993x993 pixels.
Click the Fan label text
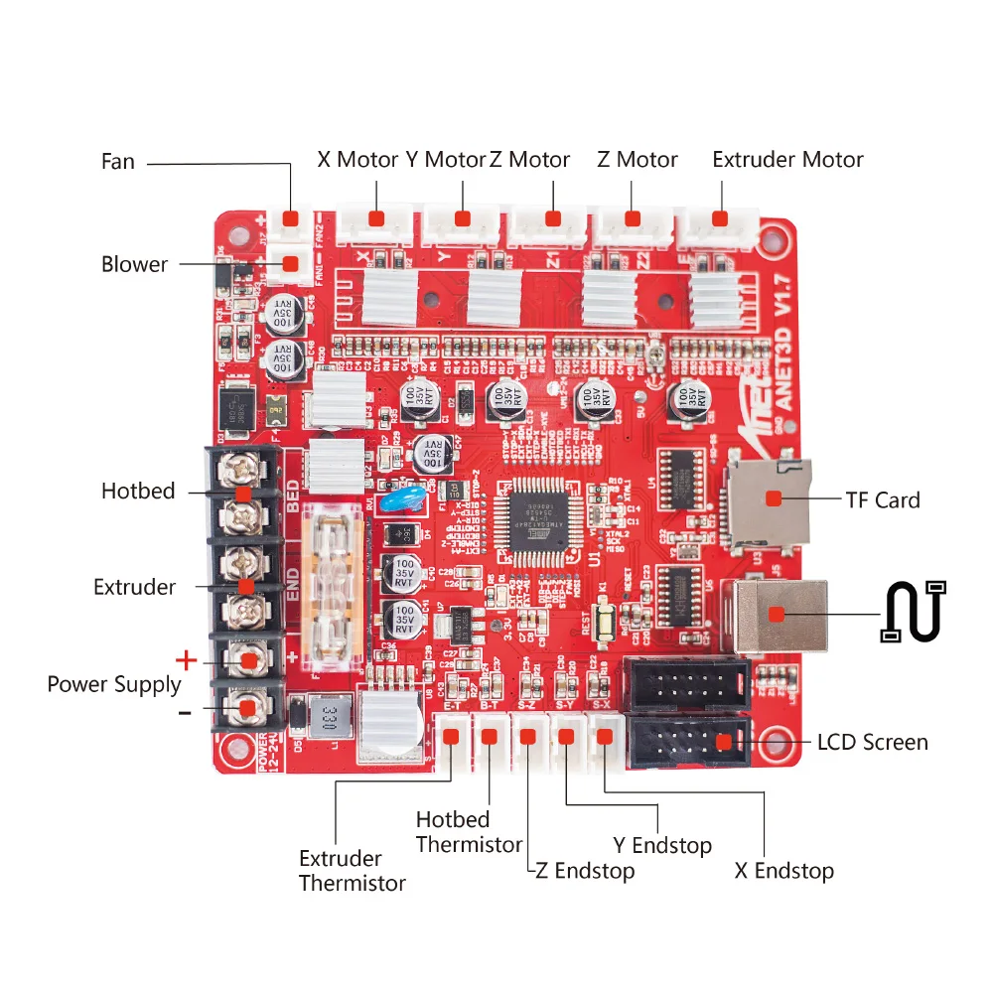[x=118, y=161]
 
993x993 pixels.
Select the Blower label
[x=134, y=264]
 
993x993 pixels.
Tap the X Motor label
[x=357, y=160]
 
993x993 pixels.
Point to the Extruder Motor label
[x=787, y=160]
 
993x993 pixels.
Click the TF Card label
[x=883, y=499]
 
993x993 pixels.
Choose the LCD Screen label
[x=872, y=742]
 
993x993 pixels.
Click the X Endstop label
[x=783, y=872]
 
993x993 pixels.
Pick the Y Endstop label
[x=662, y=846]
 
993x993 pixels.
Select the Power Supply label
[x=114, y=684]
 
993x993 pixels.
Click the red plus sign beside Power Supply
[x=186, y=659]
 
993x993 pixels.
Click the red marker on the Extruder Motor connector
[x=720, y=218]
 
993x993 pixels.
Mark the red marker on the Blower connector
[x=291, y=264]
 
